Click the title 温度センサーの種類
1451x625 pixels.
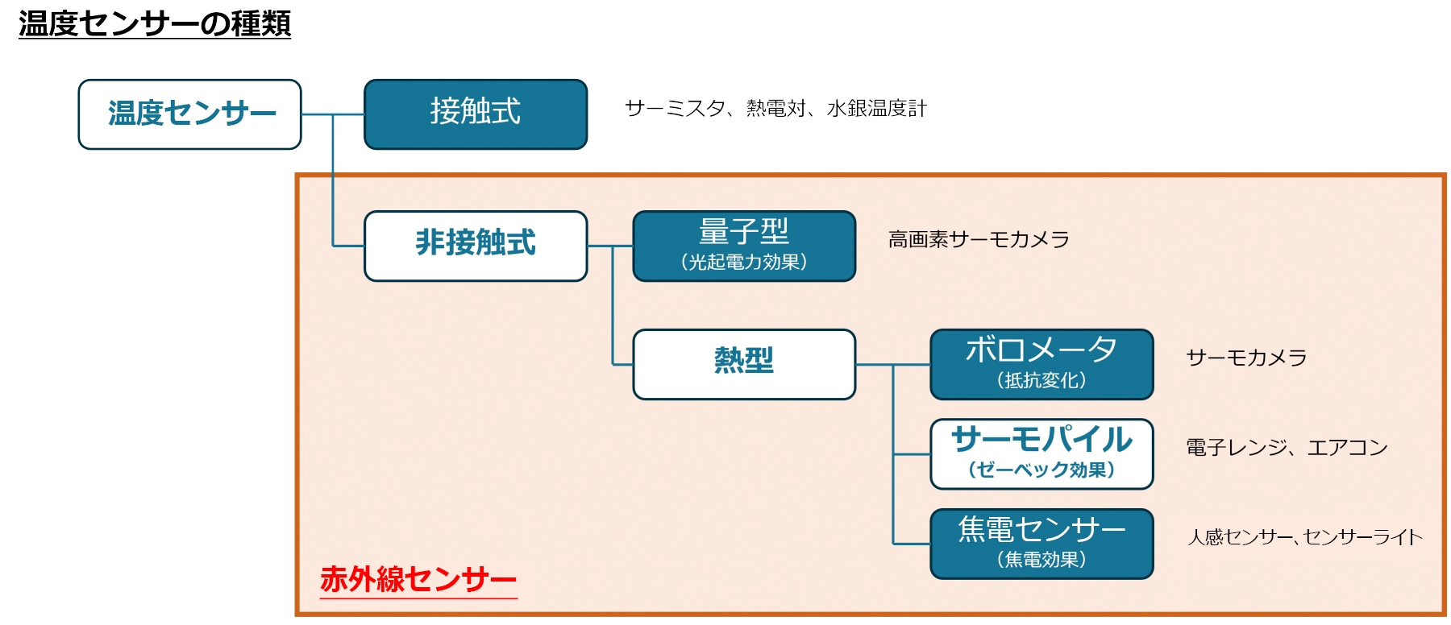(155, 23)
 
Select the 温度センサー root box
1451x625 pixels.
(189, 114)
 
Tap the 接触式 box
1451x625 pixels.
(476, 114)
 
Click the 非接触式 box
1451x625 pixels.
(476, 246)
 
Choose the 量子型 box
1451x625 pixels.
(744, 246)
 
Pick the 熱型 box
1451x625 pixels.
(744, 364)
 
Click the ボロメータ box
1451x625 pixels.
(1041, 364)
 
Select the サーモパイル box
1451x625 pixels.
(1041, 454)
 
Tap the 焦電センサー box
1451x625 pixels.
(1041, 544)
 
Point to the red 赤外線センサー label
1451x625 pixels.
(418, 579)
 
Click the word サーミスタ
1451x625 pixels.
(675, 108)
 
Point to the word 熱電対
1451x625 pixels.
(776, 108)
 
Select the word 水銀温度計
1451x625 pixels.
(877, 108)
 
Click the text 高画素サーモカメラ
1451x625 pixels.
(979, 239)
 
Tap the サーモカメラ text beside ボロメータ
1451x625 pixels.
(1246, 358)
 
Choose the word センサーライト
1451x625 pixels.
(1363, 537)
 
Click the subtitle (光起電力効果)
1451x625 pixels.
(744, 262)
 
